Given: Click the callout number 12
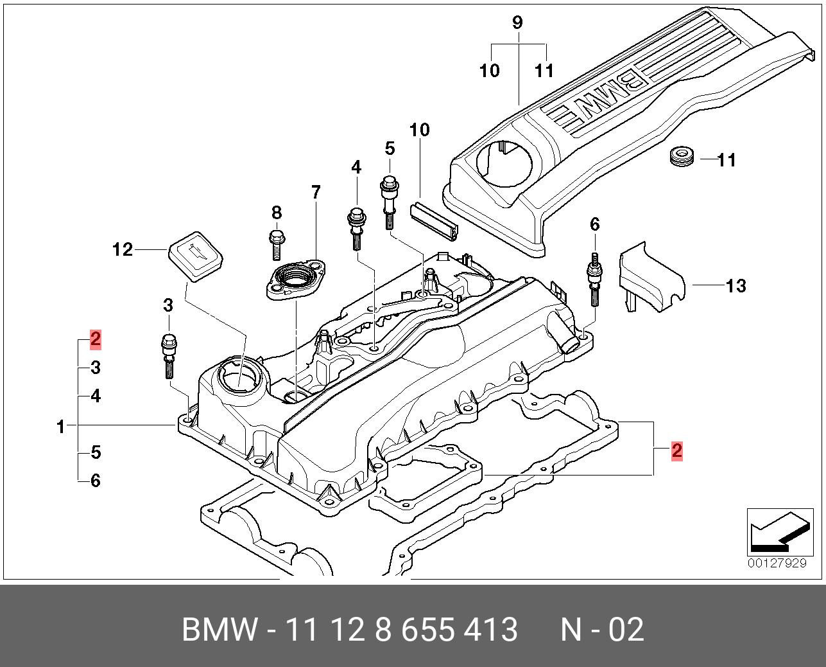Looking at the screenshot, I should point(123,249).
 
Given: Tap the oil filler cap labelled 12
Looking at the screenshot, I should point(195,257).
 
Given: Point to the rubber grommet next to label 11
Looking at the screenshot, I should point(682,156).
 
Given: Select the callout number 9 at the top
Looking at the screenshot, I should point(517,22).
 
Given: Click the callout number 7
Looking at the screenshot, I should point(315,191).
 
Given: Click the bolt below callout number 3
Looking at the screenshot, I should point(168,355).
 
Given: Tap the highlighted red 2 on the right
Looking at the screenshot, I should point(676,450).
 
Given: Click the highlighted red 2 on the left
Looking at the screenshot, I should point(95,339).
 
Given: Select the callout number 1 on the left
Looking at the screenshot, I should point(61,426).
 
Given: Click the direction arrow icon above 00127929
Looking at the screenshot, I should point(777,532).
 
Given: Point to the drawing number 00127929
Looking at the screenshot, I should point(777,564).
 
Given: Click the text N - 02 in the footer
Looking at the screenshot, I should point(601,629).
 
